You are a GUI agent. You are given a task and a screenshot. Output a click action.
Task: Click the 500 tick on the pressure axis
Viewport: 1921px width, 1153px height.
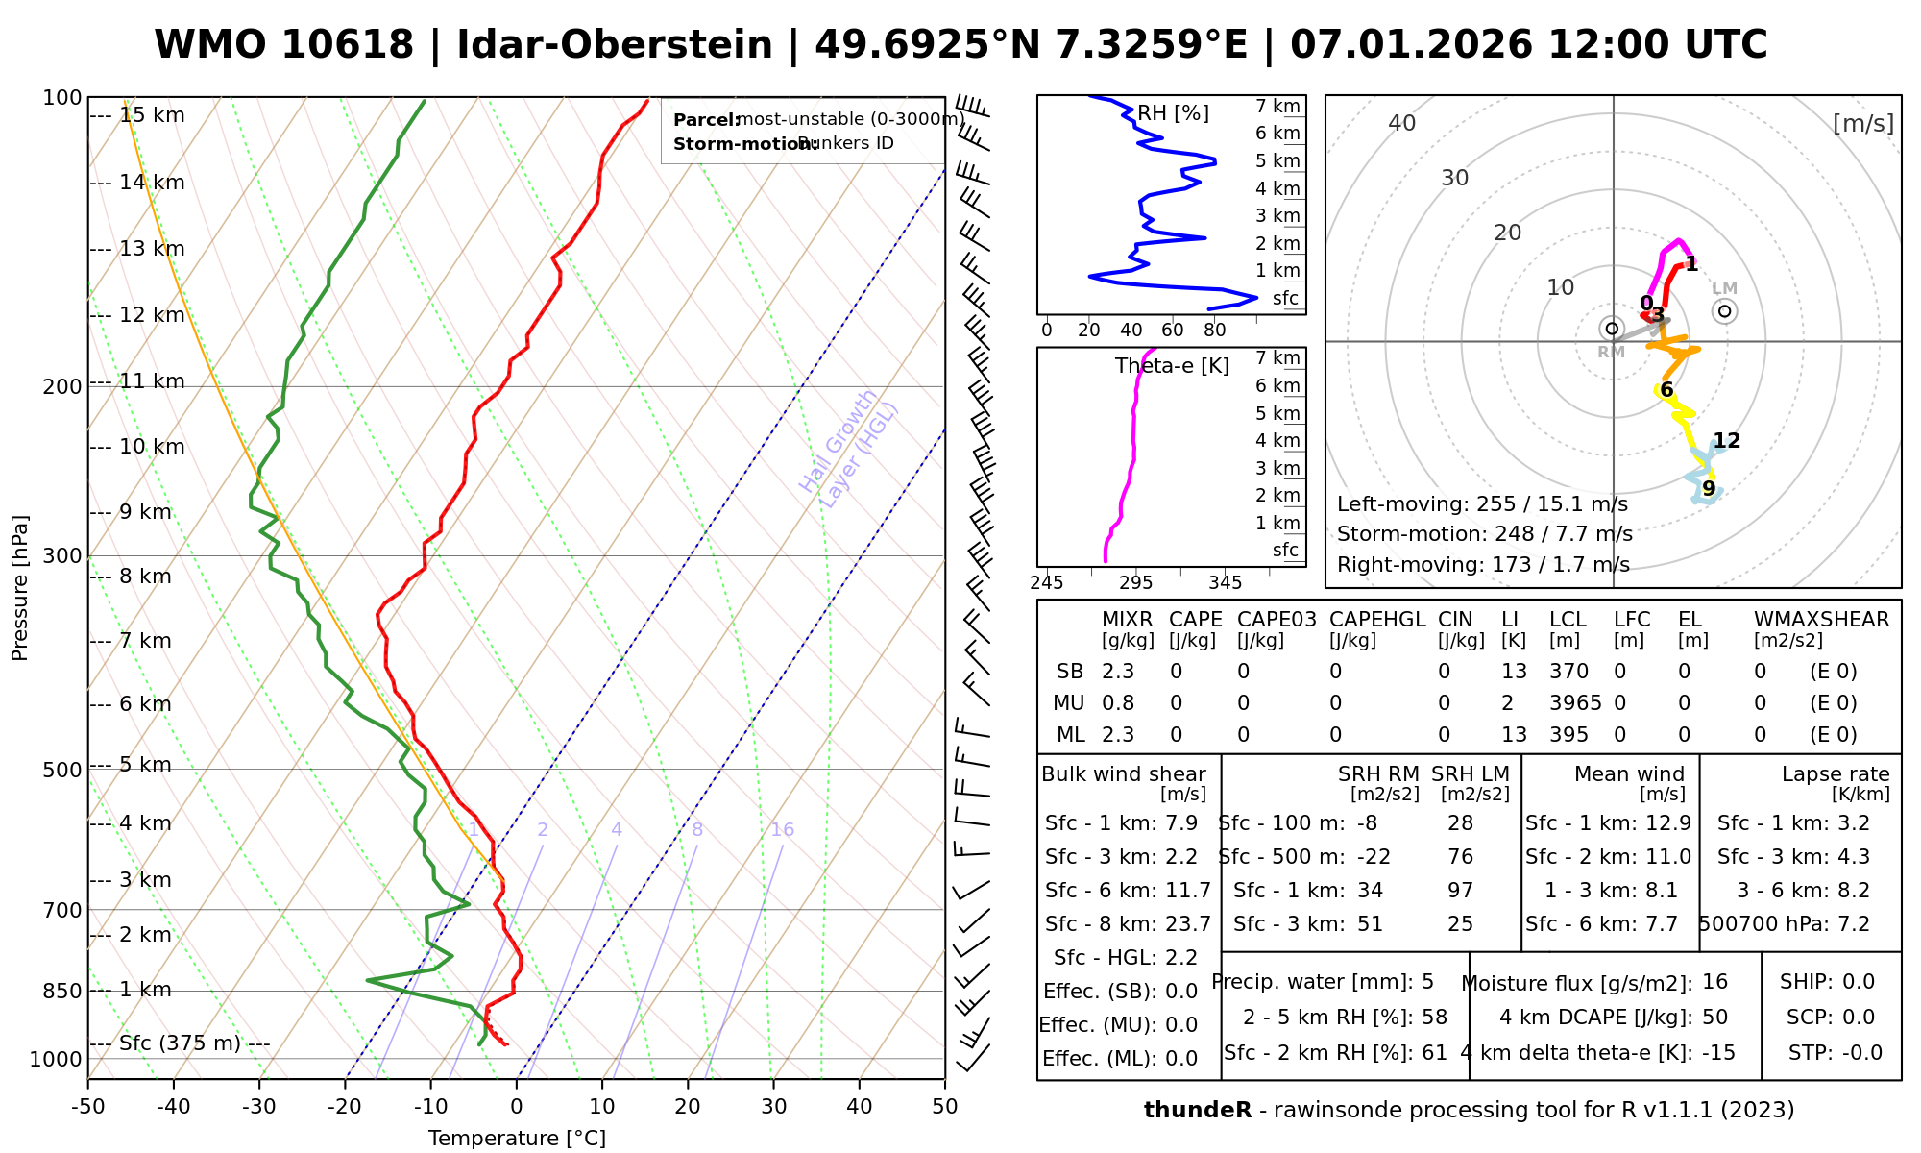pyautogui.click(x=63, y=770)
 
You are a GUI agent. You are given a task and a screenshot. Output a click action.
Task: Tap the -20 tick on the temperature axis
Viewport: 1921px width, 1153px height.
pyautogui.click(x=345, y=1107)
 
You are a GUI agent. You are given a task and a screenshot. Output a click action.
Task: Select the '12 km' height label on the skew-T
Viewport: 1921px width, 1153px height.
pyautogui.click(x=152, y=315)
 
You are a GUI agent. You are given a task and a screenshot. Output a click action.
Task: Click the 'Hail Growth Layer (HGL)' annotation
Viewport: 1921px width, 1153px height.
pyautogui.click(x=849, y=450)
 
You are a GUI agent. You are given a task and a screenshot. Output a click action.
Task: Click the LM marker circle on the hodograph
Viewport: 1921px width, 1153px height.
pyautogui.click(x=1725, y=310)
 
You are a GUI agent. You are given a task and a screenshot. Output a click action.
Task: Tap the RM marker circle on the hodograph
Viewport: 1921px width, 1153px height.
pyautogui.click(x=1612, y=329)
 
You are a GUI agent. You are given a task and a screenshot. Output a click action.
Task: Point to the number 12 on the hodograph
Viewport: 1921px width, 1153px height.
pyautogui.click(x=1727, y=441)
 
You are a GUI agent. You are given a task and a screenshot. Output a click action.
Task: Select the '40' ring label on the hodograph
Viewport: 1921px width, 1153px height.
pyautogui.click(x=1402, y=123)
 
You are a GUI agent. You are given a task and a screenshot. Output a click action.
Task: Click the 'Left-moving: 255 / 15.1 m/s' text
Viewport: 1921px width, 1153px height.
pyautogui.click(x=1482, y=504)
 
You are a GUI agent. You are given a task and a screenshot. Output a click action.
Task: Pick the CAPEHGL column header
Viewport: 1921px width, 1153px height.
pyautogui.click(x=1377, y=620)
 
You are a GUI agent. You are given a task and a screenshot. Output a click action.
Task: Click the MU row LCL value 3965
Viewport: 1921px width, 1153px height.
pyautogui.click(x=1575, y=703)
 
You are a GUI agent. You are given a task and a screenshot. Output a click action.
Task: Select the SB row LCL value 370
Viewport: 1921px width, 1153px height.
pyautogui.click(x=1568, y=672)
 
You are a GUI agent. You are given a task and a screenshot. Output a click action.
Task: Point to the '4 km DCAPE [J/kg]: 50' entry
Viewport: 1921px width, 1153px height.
pyautogui.click(x=1614, y=1018)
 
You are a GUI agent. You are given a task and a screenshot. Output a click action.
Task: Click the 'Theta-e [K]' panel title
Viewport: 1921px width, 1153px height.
pyautogui.click(x=1172, y=366)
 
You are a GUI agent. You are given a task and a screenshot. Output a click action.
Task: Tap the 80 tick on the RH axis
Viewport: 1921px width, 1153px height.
pyautogui.click(x=1215, y=331)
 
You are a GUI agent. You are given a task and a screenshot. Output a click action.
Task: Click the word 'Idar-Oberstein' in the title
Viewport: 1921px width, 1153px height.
pyautogui.click(x=615, y=45)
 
